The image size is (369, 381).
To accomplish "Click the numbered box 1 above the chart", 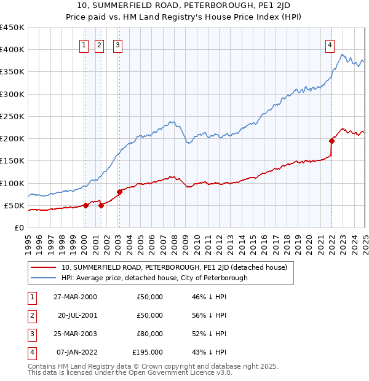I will [x=83, y=44].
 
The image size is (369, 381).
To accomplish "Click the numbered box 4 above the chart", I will [x=330, y=44].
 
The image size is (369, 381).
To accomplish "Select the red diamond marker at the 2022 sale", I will [x=331, y=141].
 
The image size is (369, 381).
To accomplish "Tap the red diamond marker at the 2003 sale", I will [x=119, y=192].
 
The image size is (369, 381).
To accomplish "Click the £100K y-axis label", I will [x=12, y=183].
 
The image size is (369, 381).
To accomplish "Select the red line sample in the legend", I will [x=43, y=267].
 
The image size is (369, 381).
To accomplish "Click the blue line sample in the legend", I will [x=43, y=278].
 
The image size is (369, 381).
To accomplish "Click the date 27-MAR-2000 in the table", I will [x=75, y=297].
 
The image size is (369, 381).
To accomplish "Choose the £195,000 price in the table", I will [x=148, y=352].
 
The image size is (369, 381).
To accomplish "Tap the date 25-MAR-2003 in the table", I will [x=75, y=334].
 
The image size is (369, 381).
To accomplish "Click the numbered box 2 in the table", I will [x=31, y=315].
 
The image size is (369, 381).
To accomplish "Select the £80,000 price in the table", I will [x=150, y=334].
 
